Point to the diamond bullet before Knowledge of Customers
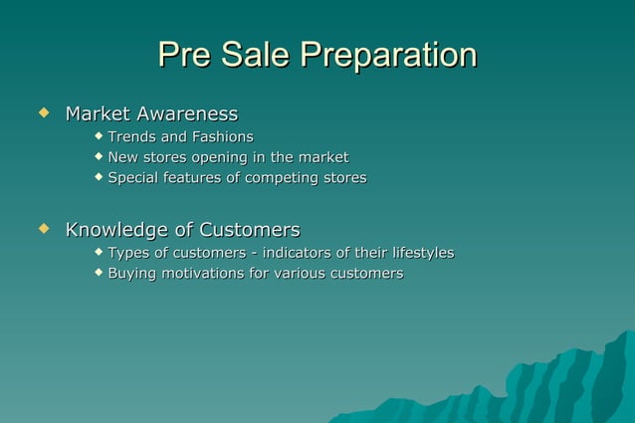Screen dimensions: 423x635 click(43, 230)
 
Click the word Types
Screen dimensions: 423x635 click(128, 253)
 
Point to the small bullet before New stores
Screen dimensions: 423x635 click(99, 155)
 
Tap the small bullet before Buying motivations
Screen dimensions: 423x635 click(99, 271)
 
